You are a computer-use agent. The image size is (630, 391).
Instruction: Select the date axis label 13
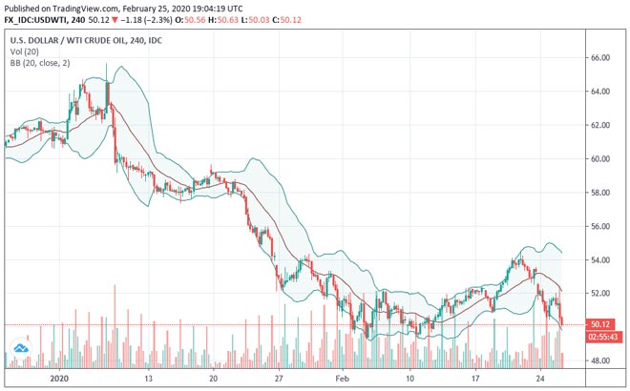[148, 378]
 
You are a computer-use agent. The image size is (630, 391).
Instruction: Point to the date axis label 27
[279, 378]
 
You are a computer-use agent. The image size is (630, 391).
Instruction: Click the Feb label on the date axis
[344, 378]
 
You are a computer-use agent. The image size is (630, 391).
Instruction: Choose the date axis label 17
[474, 378]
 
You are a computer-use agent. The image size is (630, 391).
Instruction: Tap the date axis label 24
[540, 378]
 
